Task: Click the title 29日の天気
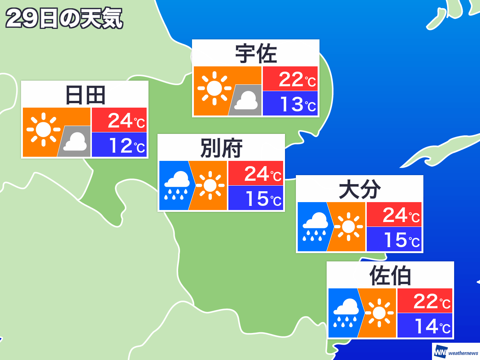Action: (64, 18)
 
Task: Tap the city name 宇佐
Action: (256, 54)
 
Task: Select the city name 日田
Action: (85, 95)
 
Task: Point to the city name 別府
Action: (221, 148)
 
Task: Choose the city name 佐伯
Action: (390, 276)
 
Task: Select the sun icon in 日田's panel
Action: (43, 129)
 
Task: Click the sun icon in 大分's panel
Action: (348, 226)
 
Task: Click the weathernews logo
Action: (456, 352)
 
